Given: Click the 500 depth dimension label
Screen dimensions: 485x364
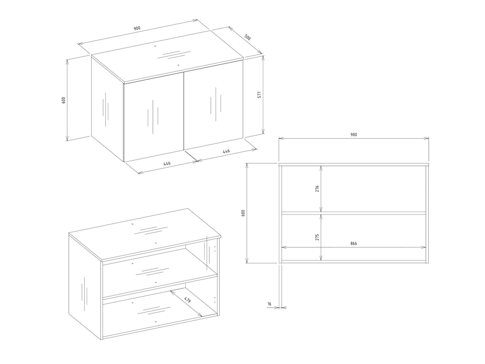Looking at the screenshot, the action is coord(247,37).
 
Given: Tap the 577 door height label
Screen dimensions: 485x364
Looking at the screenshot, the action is coord(259,95).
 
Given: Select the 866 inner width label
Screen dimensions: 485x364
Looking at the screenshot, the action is coord(354,244).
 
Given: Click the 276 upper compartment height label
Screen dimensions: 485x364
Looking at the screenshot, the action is coord(317,189).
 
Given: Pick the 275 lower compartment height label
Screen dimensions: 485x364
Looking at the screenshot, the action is coord(317,237).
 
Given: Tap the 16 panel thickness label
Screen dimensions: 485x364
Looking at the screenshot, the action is coord(269,304).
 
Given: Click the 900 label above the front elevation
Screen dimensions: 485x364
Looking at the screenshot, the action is coord(354,135).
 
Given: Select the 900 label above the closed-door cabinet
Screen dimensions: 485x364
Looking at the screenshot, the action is coord(137,28).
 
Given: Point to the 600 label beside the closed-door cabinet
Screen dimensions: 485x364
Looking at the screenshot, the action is coord(64,100).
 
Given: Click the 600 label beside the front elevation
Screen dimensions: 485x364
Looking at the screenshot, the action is coord(243,213).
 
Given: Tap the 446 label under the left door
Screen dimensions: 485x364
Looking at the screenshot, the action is coord(167,163).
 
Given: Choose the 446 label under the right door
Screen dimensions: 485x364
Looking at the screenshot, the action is coord(226,151).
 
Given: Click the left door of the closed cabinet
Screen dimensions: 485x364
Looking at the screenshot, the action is coord(154,117).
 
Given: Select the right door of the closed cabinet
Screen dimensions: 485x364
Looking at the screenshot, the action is coord(213,105).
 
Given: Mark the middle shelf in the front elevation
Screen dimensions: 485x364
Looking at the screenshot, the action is coord(354,213).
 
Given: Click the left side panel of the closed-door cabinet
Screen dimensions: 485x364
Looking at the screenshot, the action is coord(107,108).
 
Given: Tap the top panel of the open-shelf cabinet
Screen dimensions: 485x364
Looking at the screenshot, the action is coord(145,234).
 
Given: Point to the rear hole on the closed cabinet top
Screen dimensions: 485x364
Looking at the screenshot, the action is coord(155,46).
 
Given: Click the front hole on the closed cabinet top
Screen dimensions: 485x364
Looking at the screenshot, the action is coord(178,65).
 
